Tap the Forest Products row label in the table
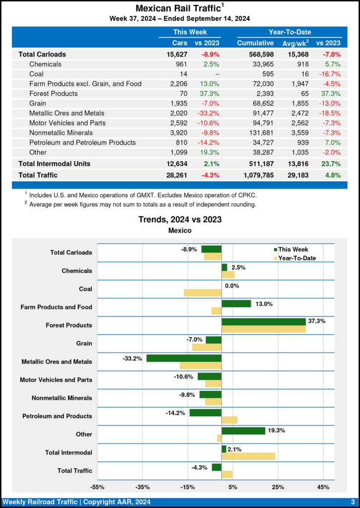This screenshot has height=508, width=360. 53,93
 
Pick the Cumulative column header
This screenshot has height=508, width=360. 255,43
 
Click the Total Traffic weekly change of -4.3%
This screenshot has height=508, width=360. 210,175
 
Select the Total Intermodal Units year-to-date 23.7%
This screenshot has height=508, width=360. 330,163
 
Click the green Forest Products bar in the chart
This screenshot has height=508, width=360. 264,321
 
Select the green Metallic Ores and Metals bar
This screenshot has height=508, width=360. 184,358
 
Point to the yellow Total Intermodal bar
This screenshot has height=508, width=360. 248,456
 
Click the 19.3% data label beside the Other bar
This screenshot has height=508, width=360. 276,431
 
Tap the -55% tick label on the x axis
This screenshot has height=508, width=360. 97,487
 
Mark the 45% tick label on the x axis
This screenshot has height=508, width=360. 323,487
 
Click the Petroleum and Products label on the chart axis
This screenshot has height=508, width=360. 57,416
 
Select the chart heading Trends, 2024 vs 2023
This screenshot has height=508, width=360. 180,219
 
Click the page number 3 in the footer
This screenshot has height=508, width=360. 353,502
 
